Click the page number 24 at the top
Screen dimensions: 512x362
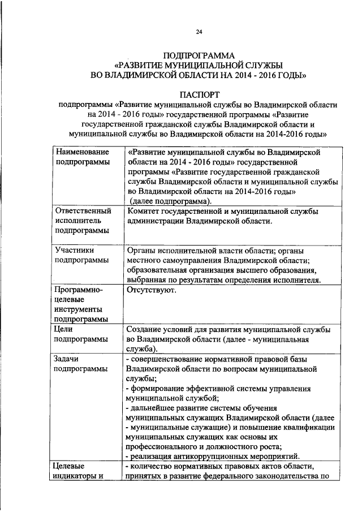[199, 32]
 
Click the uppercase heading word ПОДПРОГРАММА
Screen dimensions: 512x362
[199, 55]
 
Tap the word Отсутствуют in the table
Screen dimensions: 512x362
[152, 290]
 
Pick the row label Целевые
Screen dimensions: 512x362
[68, 466]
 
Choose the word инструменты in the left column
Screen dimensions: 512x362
[78, 310]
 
